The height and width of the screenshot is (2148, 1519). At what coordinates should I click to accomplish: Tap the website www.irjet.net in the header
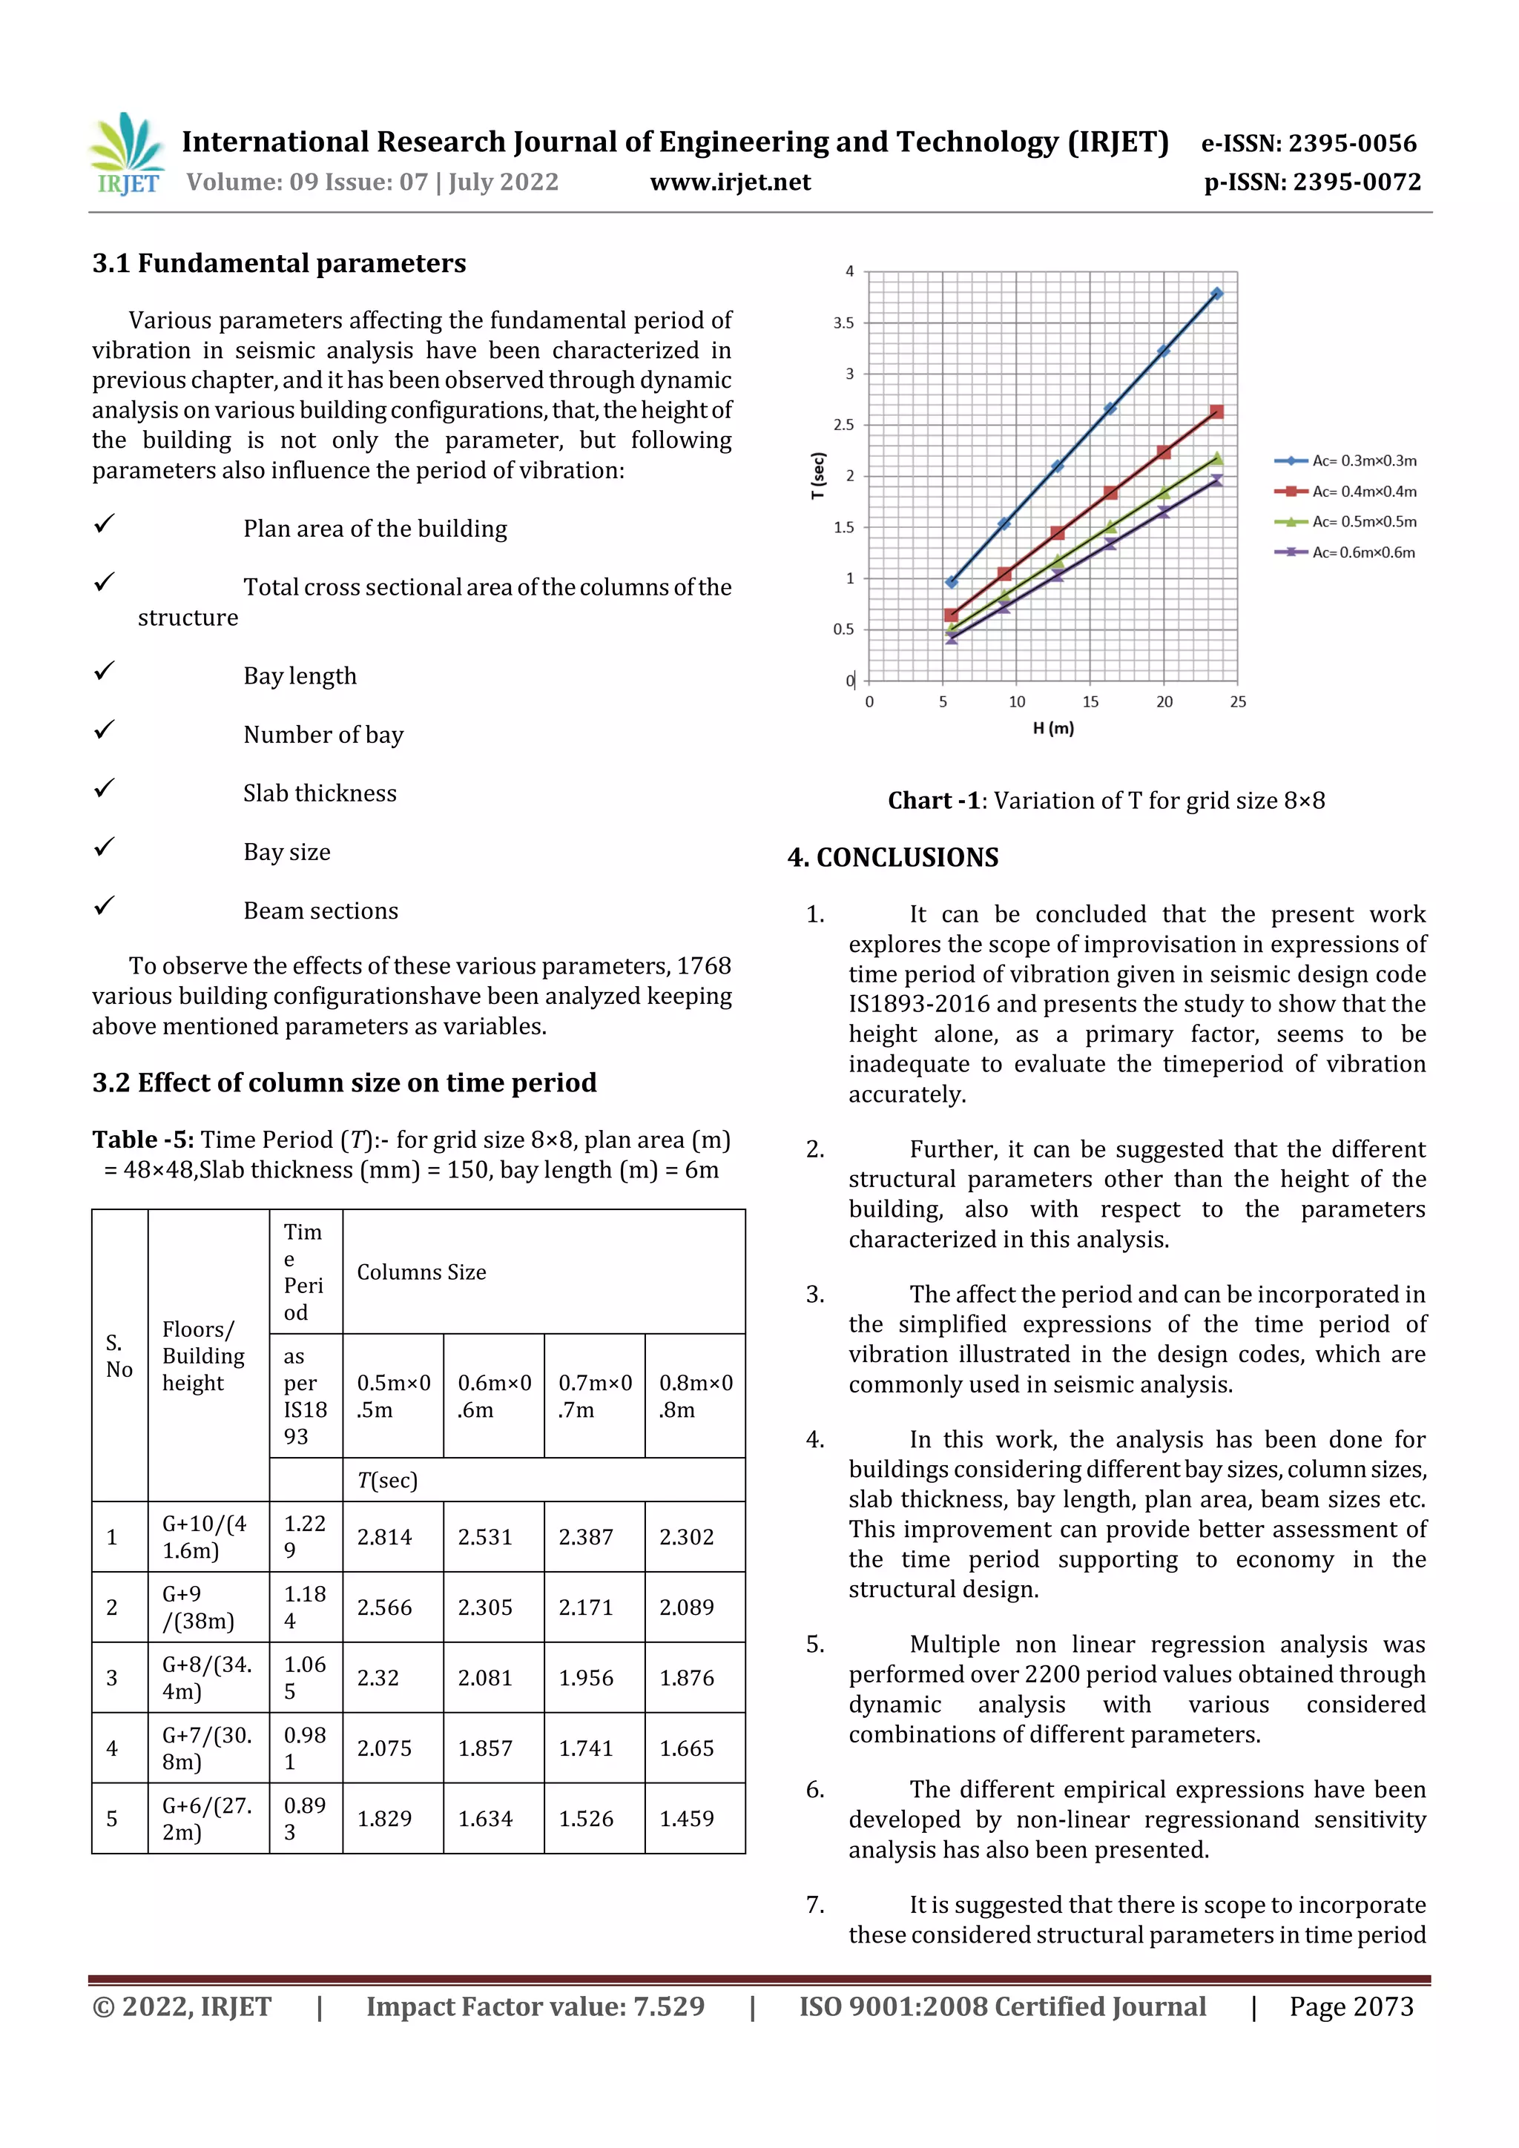(x=730, y=182)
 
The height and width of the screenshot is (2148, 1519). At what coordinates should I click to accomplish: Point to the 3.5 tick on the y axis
(x=843, y=323)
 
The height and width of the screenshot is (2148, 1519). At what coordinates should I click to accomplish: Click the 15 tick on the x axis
(x=1090, y=701)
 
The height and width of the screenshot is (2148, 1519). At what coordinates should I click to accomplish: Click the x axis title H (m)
(x=1053, y=728)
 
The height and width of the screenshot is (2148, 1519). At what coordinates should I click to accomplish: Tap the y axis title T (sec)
(x=818, y=475)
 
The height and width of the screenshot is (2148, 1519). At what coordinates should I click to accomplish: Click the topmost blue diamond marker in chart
(x=1216, y=294)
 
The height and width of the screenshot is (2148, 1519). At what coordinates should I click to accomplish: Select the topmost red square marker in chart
(x=1216, y=412)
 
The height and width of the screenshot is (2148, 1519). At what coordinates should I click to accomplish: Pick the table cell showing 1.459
(x=686, y=1819)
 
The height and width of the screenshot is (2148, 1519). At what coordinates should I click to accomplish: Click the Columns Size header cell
(x=421, y=1272)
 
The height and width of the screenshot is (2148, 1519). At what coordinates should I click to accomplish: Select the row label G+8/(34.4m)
(x=207, y=1677)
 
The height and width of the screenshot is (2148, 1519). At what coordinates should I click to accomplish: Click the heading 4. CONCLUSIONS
(x=893, y=857)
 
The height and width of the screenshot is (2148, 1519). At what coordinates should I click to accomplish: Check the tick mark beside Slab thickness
(x=104, y=789)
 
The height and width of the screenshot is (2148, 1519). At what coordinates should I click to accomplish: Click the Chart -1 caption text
(x=1107, y=801)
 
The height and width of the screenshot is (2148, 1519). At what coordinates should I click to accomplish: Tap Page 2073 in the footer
(x=1351, y=2006)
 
